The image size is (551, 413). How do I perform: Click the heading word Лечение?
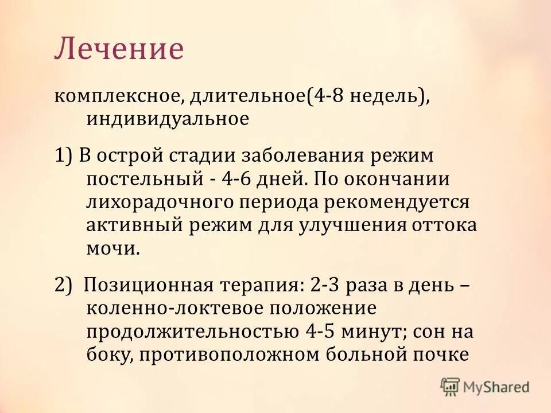(119, 49)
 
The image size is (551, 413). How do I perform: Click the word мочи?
(112, 248)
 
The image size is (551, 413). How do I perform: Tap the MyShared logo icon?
(451, 387)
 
